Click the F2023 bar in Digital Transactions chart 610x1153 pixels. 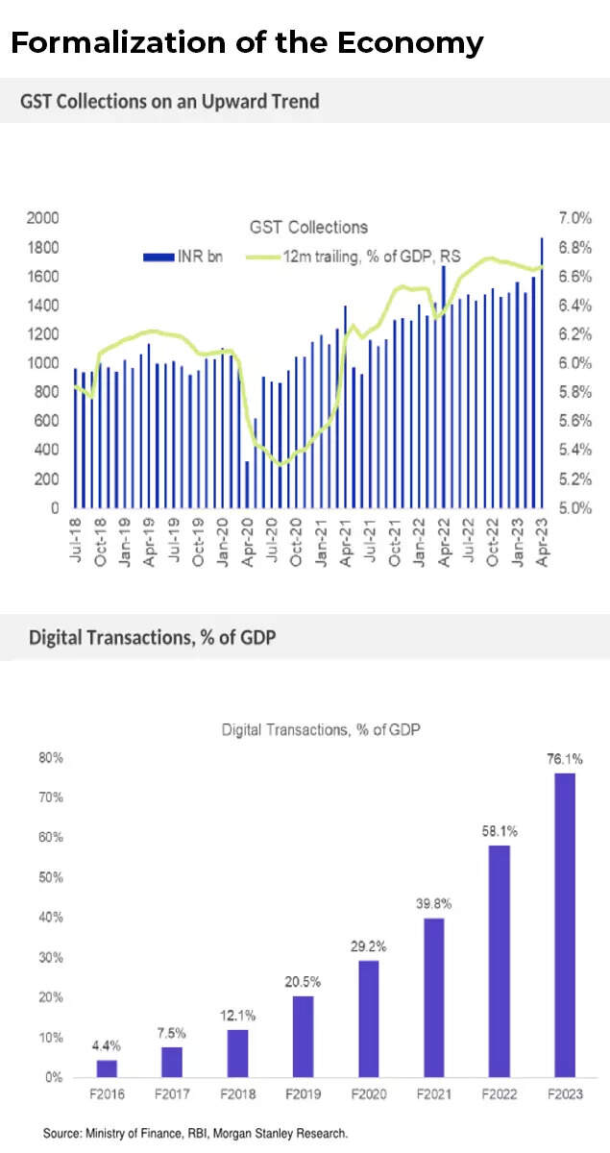565,924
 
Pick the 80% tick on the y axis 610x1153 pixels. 51,757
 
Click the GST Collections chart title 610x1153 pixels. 308,228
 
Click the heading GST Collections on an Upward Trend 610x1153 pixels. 169,100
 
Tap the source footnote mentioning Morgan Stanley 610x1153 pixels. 195,1134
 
